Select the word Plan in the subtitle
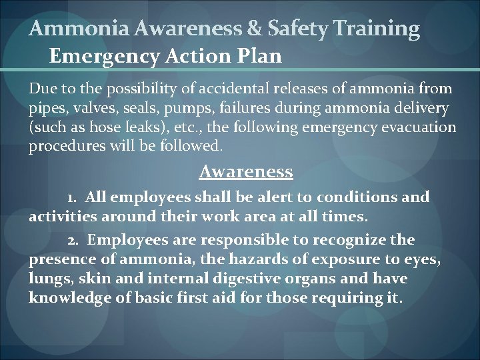pos(259,56)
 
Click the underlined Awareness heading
pos(246,172)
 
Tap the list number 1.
pos(72,198)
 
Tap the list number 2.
pos(73,240)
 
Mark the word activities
pos(59,216)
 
